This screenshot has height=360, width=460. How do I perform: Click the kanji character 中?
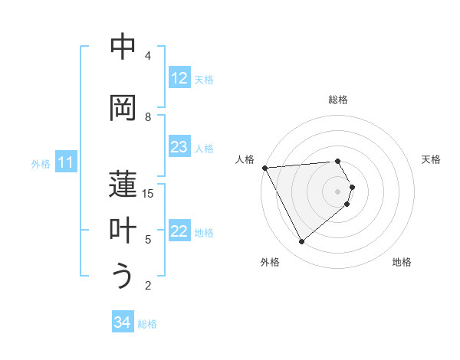(x=123, y=47)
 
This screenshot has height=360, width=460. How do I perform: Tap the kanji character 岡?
(x=123, y=107)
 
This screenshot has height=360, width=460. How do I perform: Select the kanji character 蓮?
(x=123, y=185)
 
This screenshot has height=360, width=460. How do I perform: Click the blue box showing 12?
(x=179, y=78)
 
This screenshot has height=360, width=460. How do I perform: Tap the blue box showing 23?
(x=179, y=147)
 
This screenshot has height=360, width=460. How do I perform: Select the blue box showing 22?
(x=179, y=231)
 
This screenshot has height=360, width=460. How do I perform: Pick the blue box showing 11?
(x=66, y=162)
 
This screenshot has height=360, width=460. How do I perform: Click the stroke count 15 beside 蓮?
(x=148, y=193)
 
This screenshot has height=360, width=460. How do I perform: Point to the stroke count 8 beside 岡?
(x=148, y=116)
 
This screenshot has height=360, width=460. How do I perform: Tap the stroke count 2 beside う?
(x=148, y=286)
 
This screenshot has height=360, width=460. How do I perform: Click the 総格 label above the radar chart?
(x=337, y=100)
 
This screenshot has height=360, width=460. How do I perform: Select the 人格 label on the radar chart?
(x=245, y=159)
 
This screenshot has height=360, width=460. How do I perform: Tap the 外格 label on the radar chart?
(x=269, y=262)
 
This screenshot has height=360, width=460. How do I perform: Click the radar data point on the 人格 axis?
(x=264, y=167)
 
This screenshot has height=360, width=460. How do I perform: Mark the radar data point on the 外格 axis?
(x=301, y=241)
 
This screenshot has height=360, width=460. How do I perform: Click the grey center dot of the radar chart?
(x=337, y=191)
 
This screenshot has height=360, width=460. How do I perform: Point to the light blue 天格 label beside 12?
(x=204, y=79)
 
